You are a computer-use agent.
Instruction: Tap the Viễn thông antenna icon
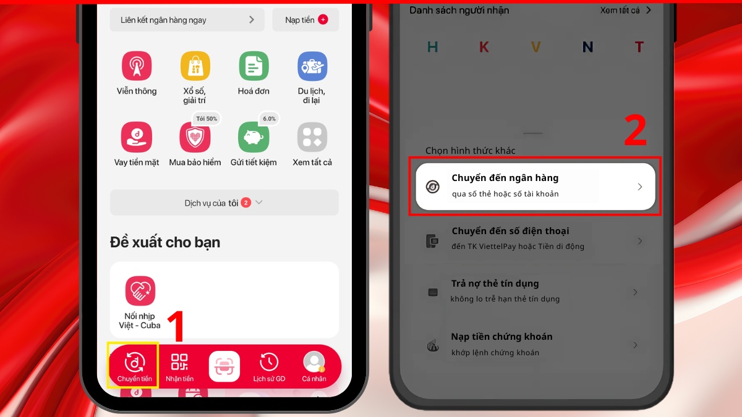[x=137, y=66]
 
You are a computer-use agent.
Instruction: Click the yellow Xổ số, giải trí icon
[x=195, y=66]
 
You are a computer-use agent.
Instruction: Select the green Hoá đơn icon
[x=254, y=66]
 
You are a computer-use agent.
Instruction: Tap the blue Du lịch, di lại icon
[x=312, y=66]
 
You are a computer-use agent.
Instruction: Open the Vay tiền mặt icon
[x=137, y=137]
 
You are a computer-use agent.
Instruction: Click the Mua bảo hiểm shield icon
[x=195, y=137]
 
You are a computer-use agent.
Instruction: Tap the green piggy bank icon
[x=254, y=137]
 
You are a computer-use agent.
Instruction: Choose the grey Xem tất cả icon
[x=312, y=137]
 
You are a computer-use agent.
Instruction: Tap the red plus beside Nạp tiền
[x=323, y=20]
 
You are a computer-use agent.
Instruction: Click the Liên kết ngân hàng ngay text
[x=163, y=20]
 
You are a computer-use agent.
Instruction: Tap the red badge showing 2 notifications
[x=246, y=202]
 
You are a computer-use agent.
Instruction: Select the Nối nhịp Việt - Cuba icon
[x=140, y=290]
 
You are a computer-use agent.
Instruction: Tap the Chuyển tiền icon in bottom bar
[x=134, y=363]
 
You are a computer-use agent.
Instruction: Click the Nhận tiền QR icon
[x=179, y=362]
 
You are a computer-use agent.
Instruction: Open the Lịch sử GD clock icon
[x=269, y=362]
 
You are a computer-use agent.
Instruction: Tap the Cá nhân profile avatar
[x=314, y=362]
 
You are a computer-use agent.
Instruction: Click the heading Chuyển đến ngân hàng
[x=505, y=178]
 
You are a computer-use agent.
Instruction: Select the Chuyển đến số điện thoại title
[x=511, y=231]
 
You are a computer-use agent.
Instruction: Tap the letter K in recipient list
[x=484, y=47]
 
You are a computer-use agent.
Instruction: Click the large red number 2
[x=635, y=130]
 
